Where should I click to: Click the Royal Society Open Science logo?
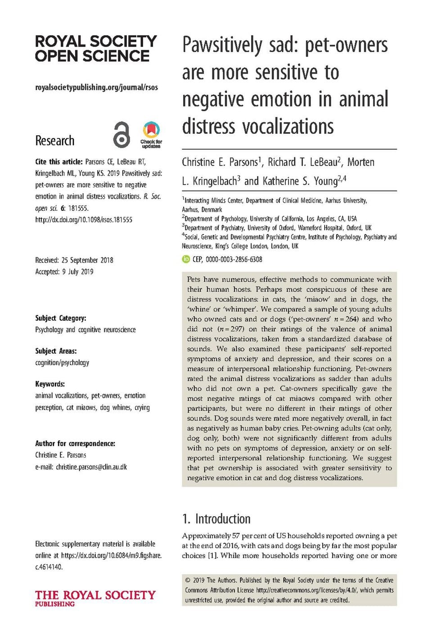[x=95, y=49]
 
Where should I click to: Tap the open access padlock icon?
[x=121, y=134]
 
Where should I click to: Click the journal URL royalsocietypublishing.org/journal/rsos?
[x=96, y=87]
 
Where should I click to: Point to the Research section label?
[x=54, y=141]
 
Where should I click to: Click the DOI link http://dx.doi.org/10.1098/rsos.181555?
[x=84, y=220]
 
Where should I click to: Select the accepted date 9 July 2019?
[x=78, y=272]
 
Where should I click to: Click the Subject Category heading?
[x=61, y=318]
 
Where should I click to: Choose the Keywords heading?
[x=50, y=384]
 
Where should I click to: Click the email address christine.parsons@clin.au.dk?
[x=91, y=467]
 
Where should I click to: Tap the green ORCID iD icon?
[x=186, y=259]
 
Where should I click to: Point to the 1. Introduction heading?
[x=216, y=519]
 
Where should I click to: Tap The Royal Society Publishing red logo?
[x=95, y=598]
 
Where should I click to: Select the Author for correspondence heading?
[x=75, y=443]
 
